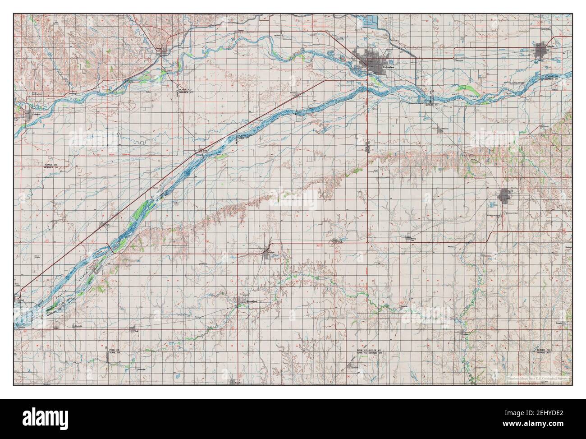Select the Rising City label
tap(411, 241)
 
